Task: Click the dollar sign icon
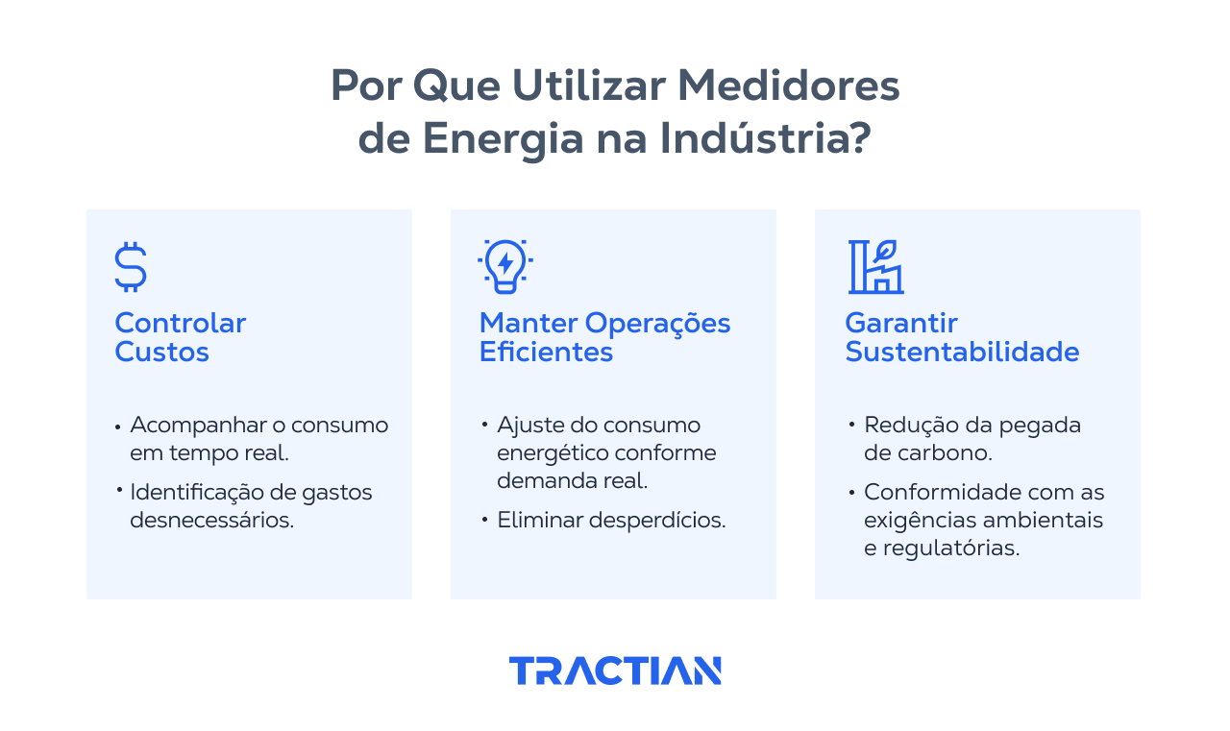(x=131, y=267)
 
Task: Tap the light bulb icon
(x=504, y=266)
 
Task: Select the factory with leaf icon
(x=875, y=266)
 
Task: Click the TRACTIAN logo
(x=615, y=670)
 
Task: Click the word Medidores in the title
(x=789, y=86)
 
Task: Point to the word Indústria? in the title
(x=765, y=138)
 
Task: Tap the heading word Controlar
(x=181, y=323)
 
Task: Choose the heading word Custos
(x=161, y=352)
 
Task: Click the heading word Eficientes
(x=546, y=352)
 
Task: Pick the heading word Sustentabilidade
(x=962, y=352)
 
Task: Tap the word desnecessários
(x=212, y=521)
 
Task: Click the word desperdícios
(x=663, y=521)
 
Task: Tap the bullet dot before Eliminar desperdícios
(x=484, y=520)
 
